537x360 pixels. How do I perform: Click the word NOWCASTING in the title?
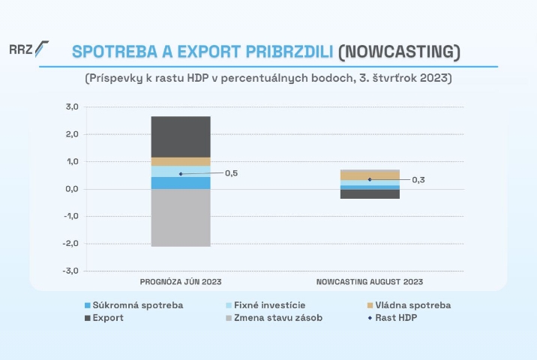pyautogui.click(x=397, y=51)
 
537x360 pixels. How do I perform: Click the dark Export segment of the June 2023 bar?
pyautogui.click(x=181, y=136)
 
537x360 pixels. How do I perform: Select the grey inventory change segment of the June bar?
pyautogui.click(x=181, y=217)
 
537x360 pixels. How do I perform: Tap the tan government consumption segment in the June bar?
pyautogui.click(x=181, y=161)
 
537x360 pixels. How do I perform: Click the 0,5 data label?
pyautogui.click(x=231, y=173)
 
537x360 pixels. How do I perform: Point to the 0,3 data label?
pyautogui.click(x=418, y=180)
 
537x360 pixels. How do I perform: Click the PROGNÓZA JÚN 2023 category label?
pyautogui.click(x=181, y=282)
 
